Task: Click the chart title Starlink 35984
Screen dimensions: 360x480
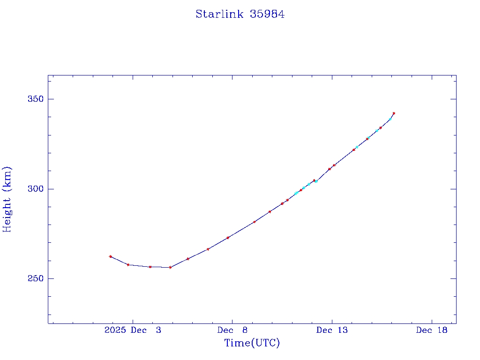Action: [x=240, y=15]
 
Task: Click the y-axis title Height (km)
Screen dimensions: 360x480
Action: [x=7, y=199]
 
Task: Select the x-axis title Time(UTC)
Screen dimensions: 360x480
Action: [x=252, y=343]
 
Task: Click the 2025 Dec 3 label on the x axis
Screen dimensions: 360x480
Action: [x=133, y=330]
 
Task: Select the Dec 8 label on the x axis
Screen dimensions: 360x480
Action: [x=232, y=330]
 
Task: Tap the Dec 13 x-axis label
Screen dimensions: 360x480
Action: [x=332, y=330]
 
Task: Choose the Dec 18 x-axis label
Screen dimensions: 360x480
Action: [x=432, y=330]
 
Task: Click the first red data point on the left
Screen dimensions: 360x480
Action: [x=111, y=256]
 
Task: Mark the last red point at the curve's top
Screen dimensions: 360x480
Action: [x=394, y=113]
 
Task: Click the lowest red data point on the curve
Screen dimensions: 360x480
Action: [x=170, y=267]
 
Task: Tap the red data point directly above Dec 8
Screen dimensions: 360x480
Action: [x=228, y=238]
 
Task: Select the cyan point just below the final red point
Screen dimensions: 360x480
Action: [x=390, y=119]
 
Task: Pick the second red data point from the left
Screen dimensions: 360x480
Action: [x=128, y=265]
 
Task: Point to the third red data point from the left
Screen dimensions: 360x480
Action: [x=150, y=267]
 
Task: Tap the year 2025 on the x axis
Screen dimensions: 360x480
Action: [x=115, y=330]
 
